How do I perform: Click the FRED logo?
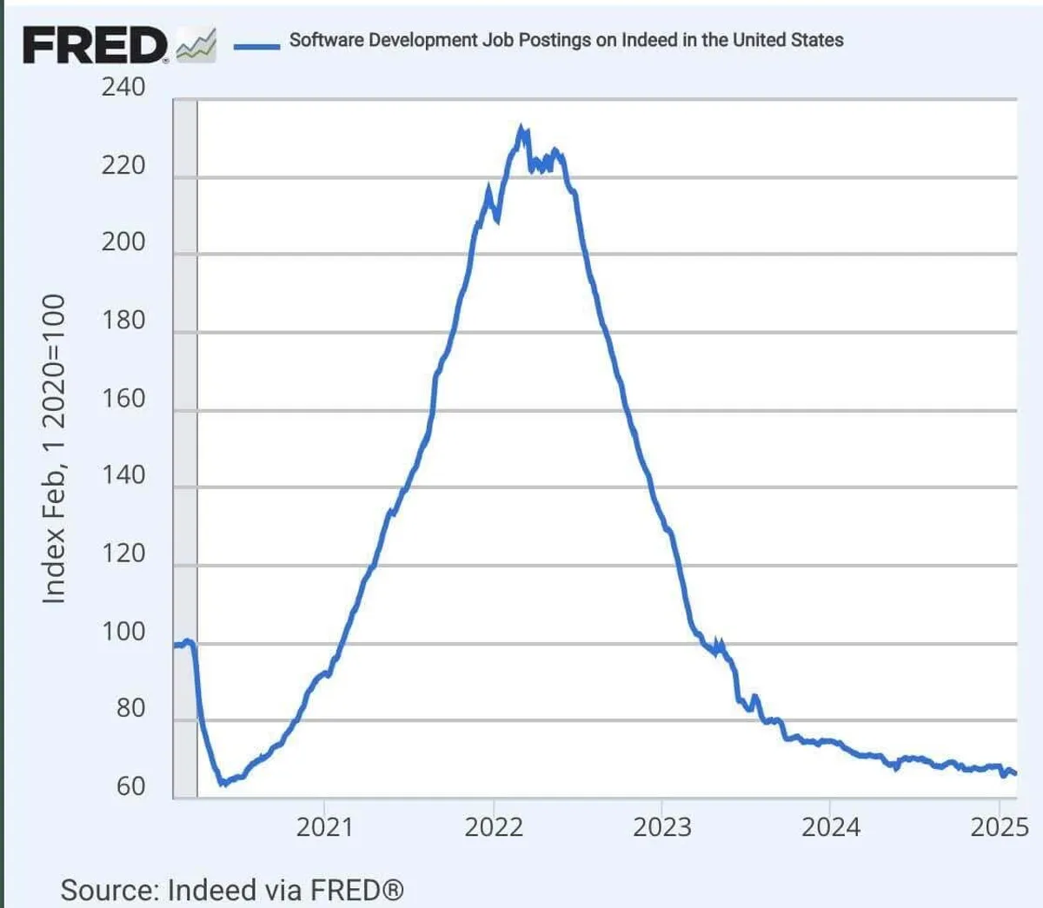[x=94, y=44]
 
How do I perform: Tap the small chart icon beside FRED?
[x=196, y=45]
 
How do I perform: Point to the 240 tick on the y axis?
[x=123, y=87]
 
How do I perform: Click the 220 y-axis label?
[x=123, y=165]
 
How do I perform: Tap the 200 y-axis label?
[x=123, y=242]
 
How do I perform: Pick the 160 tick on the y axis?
[x=123, y=398]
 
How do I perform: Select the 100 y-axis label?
[x=123, y=631]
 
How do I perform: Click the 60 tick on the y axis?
[x=130, y=786]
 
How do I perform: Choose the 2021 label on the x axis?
[x=324, y=826]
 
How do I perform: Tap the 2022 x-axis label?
[x=494, y=826]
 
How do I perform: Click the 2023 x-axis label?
[x=662, y=826]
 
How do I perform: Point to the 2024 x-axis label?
[x=831, y=826]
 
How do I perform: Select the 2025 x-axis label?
[x=1000, y=826]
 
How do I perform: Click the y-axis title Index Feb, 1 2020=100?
[x=54, y=448]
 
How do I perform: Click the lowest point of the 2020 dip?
[x=223, y=783]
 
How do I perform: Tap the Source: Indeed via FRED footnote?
[x=232, y=890]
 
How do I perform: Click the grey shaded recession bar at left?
[x=185, y=434]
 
